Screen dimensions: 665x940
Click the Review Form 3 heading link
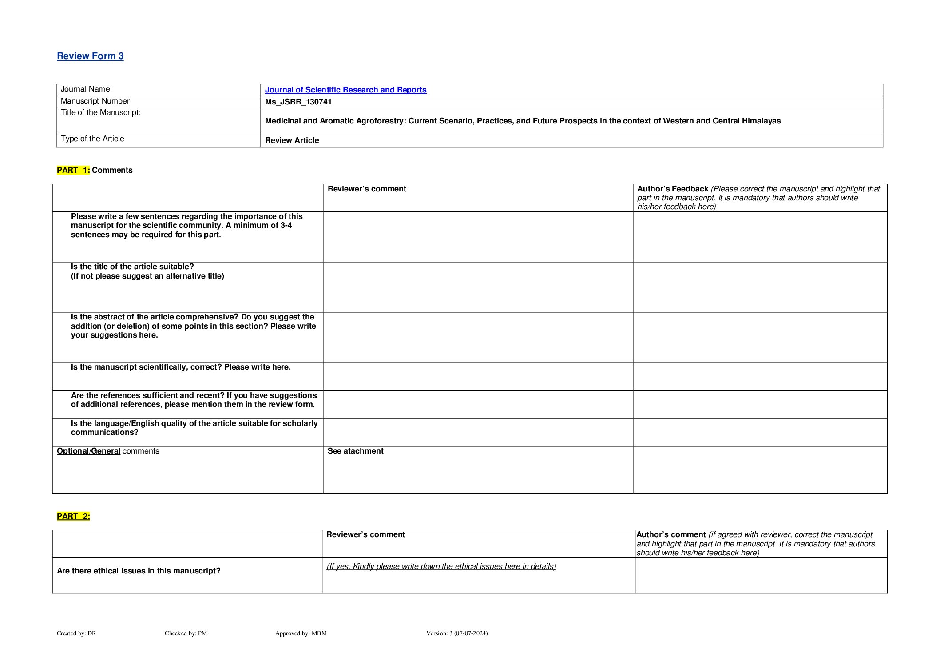click(x=90, y=56)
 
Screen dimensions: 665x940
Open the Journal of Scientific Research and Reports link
click(x=345, y=90)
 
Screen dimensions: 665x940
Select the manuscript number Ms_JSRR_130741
click(x=298, y=102)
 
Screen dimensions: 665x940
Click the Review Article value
click(x=292, y=140)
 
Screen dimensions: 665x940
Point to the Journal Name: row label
click(x=86, y=89)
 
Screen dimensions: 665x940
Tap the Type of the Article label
click(x=92, y=139)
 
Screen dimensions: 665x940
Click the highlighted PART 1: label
click(x=73, y=170)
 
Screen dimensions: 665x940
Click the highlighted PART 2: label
click(x=73, y=516)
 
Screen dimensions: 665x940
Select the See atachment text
click(x=355, y=451)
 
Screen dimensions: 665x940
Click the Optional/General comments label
click(x=108, y=451)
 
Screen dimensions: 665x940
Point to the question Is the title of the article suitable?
click(x=132, y=267)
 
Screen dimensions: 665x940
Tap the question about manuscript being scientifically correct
click(x=181, y=367)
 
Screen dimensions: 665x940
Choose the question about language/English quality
click(x=194, y=428)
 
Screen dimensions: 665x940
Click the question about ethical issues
click(x=139, y=571)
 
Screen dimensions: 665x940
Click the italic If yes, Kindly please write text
click(x=441, y=566)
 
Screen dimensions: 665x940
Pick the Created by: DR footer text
click(x=76, y=633)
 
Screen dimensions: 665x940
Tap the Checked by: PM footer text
click(x=186, y=633)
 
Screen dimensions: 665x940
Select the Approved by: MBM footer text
click(x=301, y=633)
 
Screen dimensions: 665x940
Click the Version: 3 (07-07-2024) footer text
click(x=456, y=633)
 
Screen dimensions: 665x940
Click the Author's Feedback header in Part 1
click(x=672, y=189)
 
